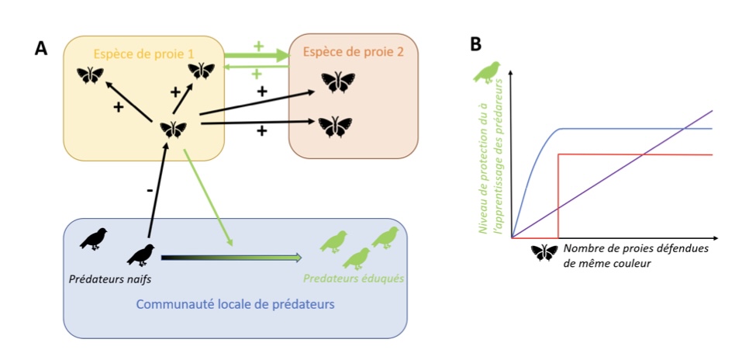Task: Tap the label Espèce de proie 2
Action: (x=354, y=54)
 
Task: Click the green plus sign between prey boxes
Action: (x=258, y=46)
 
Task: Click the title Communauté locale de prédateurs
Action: (x=235, y=304)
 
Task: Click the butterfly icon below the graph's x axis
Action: (x=544, y=253)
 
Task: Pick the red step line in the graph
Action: (x=636, y=154)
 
